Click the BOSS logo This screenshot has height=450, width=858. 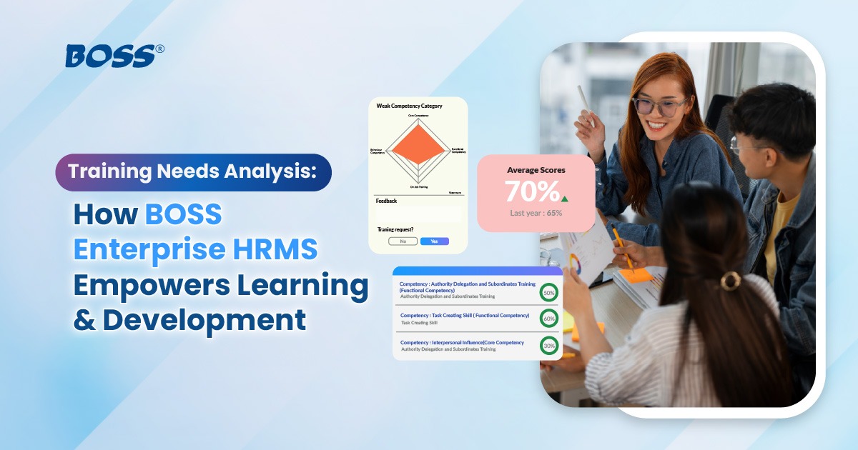click(x=109, y=55)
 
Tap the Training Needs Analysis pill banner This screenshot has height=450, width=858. click(x=194, y=172)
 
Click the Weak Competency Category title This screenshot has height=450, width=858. click(x=409, y=106)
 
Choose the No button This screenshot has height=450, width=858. click(x=403, y=241)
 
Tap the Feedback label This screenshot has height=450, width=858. click(x=386, y=201)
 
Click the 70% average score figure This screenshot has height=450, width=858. click(x=532, y=191)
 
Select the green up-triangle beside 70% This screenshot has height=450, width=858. click(x=565, y=199)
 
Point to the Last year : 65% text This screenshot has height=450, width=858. click(x=536, y=213)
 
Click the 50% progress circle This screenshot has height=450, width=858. click(x=549, y=292)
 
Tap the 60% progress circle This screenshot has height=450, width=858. click(x=549, y=318)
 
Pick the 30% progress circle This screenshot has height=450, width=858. click(x=549, y=345)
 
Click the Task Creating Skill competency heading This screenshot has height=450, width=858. click(x=464, y=315)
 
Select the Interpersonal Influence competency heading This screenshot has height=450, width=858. click(x=462, y=342)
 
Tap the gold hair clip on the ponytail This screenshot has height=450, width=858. click(x=730, y=280)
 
